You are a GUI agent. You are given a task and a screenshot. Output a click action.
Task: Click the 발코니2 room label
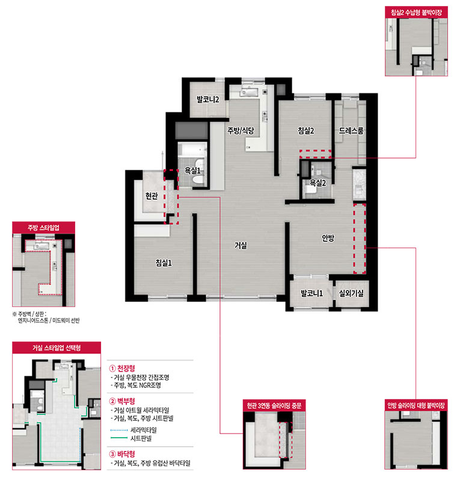pos(208,99)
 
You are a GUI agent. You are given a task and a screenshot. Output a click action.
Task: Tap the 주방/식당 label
pos(241,130)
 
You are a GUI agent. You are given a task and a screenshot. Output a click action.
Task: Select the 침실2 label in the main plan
pos(306,130)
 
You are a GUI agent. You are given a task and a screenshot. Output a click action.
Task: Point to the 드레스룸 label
pos(351,130)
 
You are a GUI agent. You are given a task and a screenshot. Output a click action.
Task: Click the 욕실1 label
pos(192,171)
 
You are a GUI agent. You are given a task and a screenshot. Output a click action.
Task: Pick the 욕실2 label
pos(317,183)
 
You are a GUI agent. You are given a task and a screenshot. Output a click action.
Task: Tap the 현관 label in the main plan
pos(152,195)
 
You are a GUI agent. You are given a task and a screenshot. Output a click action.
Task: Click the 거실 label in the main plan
pos(241,245)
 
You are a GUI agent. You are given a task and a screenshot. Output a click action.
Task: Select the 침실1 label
pos(164,263)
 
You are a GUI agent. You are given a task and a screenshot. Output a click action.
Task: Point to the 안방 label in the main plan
pos(328,237)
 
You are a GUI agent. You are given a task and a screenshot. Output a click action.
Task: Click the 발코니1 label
pos(311,293)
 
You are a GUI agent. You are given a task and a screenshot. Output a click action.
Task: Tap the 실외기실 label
pos(351,293)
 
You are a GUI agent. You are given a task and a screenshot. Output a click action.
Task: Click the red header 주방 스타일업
pos(43,228)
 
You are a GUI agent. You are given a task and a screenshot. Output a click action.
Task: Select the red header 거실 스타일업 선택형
pos(57,348)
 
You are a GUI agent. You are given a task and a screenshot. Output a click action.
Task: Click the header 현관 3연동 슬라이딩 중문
pos(274,405)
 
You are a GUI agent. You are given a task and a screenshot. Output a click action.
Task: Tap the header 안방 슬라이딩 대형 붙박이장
pos(416,405)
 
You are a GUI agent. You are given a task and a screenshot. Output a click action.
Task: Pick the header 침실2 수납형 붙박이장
pos(416,13)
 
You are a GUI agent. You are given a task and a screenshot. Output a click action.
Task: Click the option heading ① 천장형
pos(122,368)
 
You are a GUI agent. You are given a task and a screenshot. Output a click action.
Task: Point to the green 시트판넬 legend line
pos(118,438)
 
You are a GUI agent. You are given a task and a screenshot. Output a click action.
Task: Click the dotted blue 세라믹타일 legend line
pos(118,430)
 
